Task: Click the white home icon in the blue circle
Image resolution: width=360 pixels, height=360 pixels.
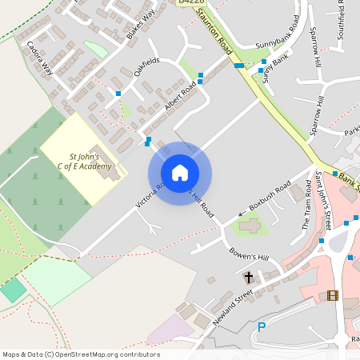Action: coord(179,173)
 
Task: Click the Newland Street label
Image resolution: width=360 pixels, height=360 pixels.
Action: coord(233,306)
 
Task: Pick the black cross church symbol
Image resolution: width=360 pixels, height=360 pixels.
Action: coord(248,278)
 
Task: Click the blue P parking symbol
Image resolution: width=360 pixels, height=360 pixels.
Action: coord(261,326)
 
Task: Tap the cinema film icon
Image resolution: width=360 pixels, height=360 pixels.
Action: coord(332,295)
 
